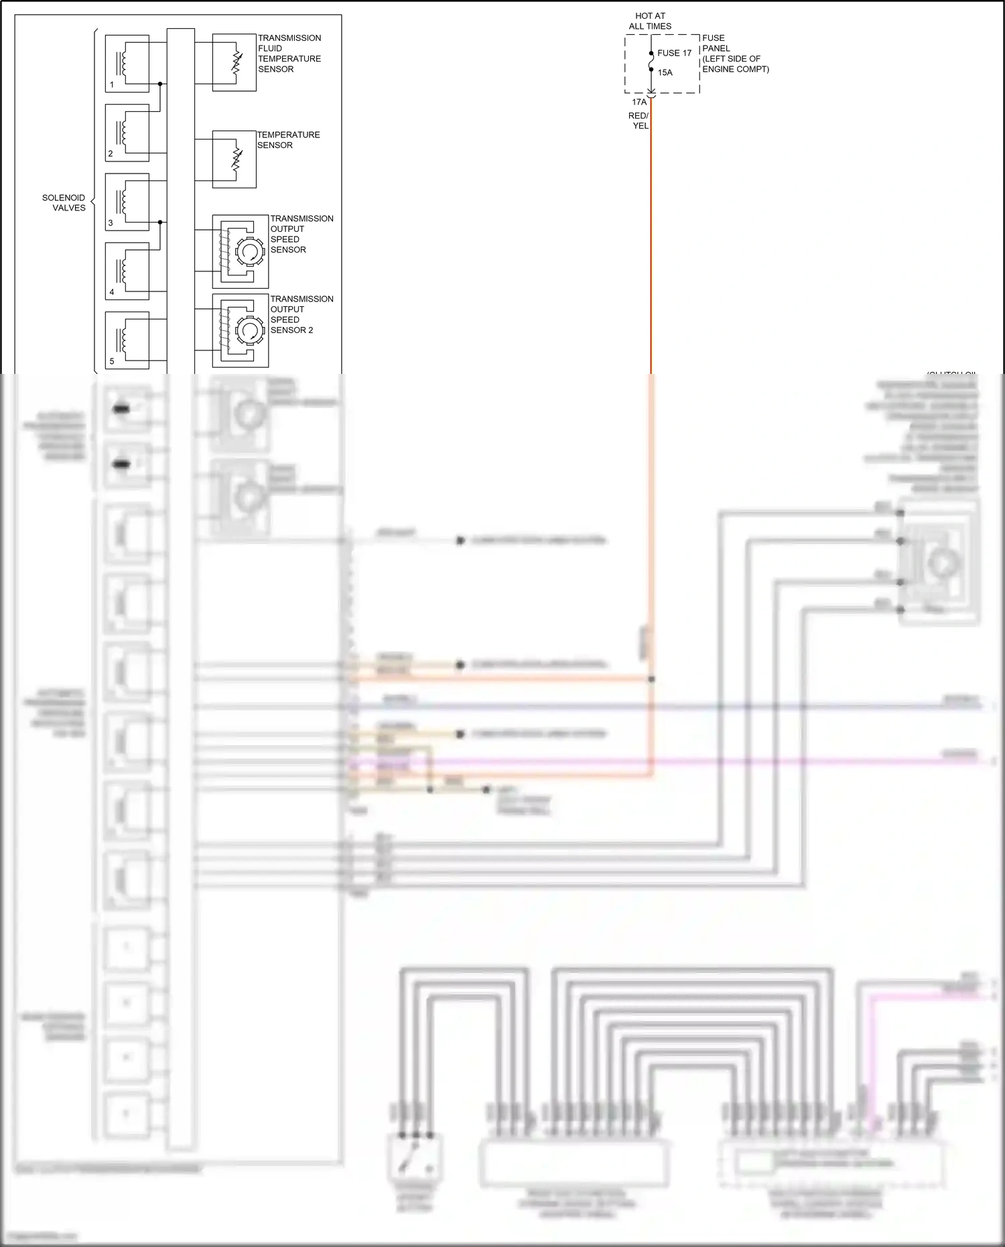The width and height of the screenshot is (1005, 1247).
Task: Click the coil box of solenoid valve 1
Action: coord(127,64)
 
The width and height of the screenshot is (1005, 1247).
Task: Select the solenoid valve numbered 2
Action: coord(127,133)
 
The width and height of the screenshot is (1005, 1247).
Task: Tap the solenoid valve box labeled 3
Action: coord(127,202)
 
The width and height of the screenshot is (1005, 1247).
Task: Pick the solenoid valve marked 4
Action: coord(127,271)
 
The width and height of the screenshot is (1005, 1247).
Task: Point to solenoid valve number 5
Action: coord(127,340)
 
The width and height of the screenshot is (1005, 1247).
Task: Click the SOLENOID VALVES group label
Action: coord(64,202)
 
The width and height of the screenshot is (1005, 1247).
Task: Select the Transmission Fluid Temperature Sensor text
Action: coord(289,54)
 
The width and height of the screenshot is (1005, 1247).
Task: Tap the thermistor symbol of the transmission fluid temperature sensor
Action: coord(234,63)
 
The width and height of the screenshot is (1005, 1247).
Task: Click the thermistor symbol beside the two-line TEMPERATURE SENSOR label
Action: coord(234,159)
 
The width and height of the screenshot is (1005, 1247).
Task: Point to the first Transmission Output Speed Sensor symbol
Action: coord(240,251)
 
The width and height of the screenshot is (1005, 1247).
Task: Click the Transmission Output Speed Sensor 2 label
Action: coord(301,314)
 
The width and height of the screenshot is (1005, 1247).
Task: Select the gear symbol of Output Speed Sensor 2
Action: coord(249,330)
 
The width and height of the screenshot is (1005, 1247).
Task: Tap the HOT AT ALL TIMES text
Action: coord(650,21)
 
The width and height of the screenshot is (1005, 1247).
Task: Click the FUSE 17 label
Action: coord(674,53)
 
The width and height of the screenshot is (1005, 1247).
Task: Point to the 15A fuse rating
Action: coord(665,72)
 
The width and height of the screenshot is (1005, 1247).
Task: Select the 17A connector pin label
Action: coord(639,103)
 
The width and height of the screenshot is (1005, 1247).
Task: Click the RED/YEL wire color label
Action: coord(639,121)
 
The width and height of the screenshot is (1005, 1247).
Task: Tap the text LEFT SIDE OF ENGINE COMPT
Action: coord(735,64)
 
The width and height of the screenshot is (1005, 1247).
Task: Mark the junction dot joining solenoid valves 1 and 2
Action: coord(160,84)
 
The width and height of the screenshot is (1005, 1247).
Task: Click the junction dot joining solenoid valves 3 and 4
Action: coord(160,222)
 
